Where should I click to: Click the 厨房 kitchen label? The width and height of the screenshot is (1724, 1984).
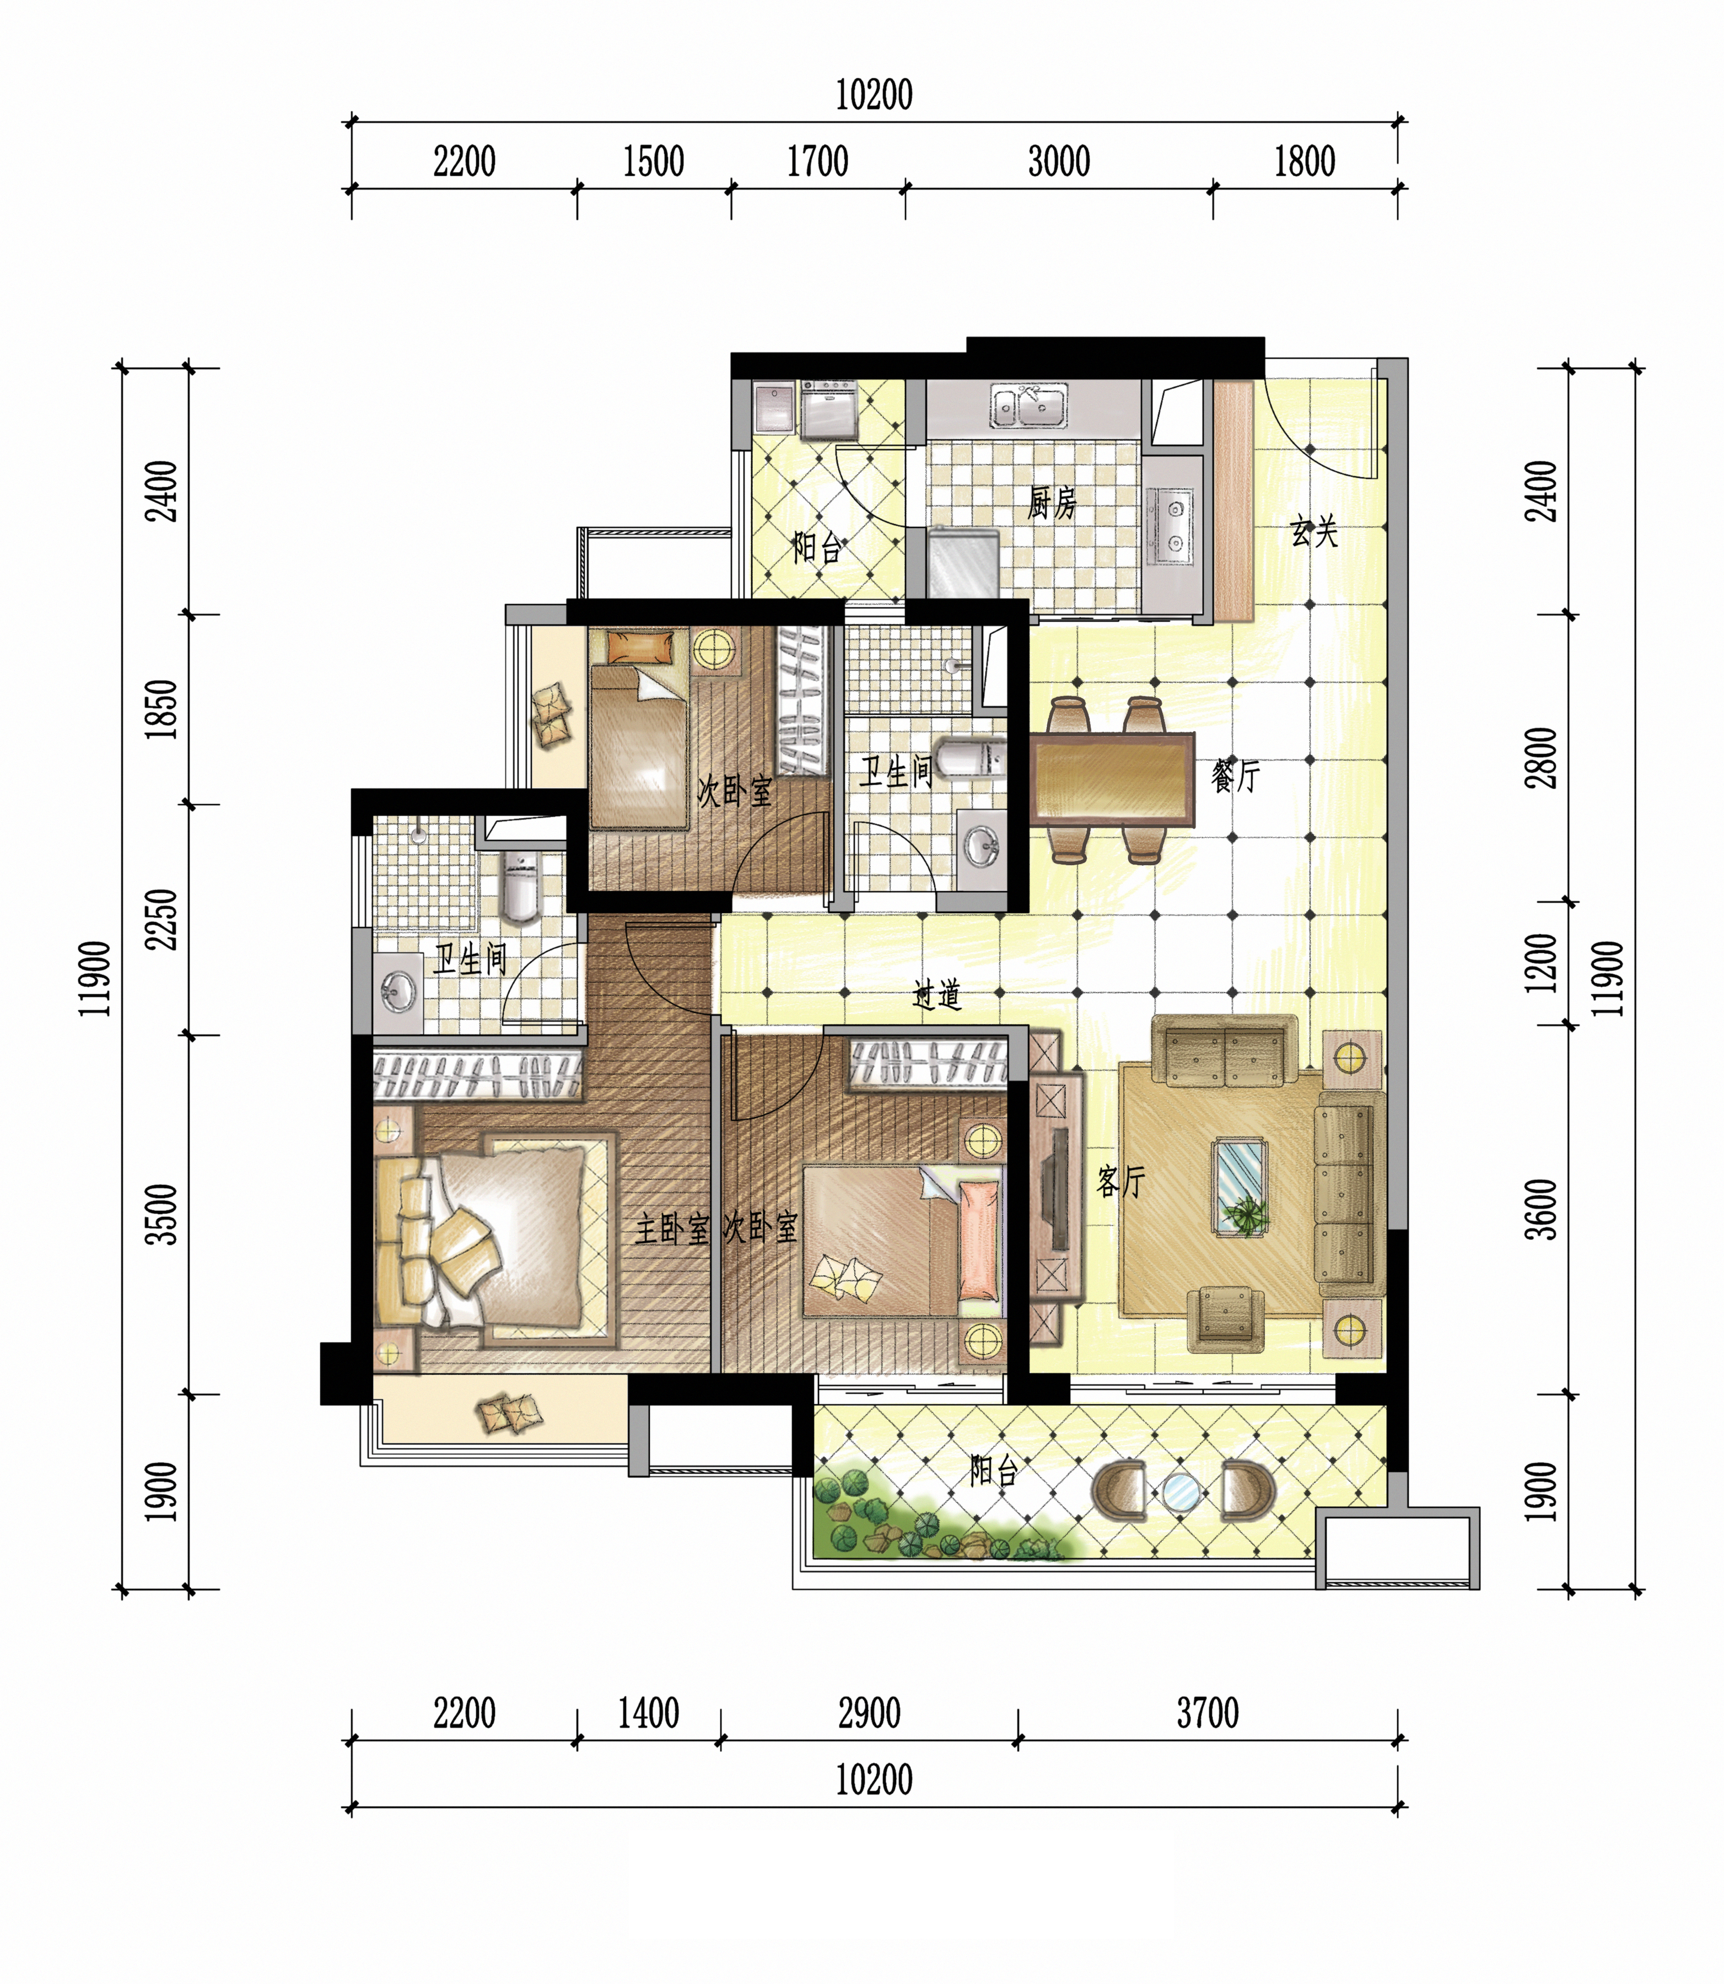pos(1052,503)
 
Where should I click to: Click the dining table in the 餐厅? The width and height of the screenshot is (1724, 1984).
pos(1112,779)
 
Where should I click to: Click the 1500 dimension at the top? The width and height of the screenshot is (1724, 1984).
pos(653,161)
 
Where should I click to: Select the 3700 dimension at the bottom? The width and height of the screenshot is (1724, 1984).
pos(1208,1713)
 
